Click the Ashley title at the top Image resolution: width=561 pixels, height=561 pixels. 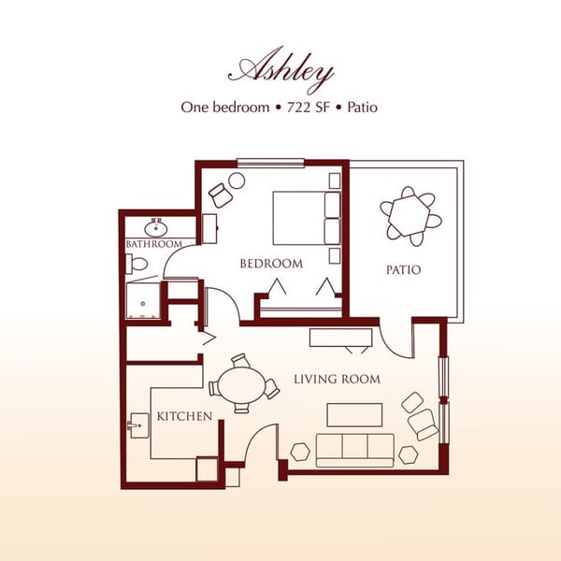pos(280,70)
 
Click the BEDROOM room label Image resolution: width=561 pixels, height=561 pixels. pos(271,264)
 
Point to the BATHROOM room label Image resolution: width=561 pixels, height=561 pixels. pos(153,244)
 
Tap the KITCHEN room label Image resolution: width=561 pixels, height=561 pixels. pos(184,415)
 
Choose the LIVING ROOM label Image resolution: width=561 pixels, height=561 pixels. pos(337,379)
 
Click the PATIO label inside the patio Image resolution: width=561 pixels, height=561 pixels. pos(403,270)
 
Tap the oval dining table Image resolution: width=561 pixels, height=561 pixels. pos(241,383)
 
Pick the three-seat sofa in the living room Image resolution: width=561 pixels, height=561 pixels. pos(354,450)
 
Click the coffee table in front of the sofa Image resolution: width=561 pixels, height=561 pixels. pos(354,414)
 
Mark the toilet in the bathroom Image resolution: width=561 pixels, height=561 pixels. pos(137,265)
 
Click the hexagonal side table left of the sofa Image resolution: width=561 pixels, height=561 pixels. pos(300,450)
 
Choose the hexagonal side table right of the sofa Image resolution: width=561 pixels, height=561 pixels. pos(408,453)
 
